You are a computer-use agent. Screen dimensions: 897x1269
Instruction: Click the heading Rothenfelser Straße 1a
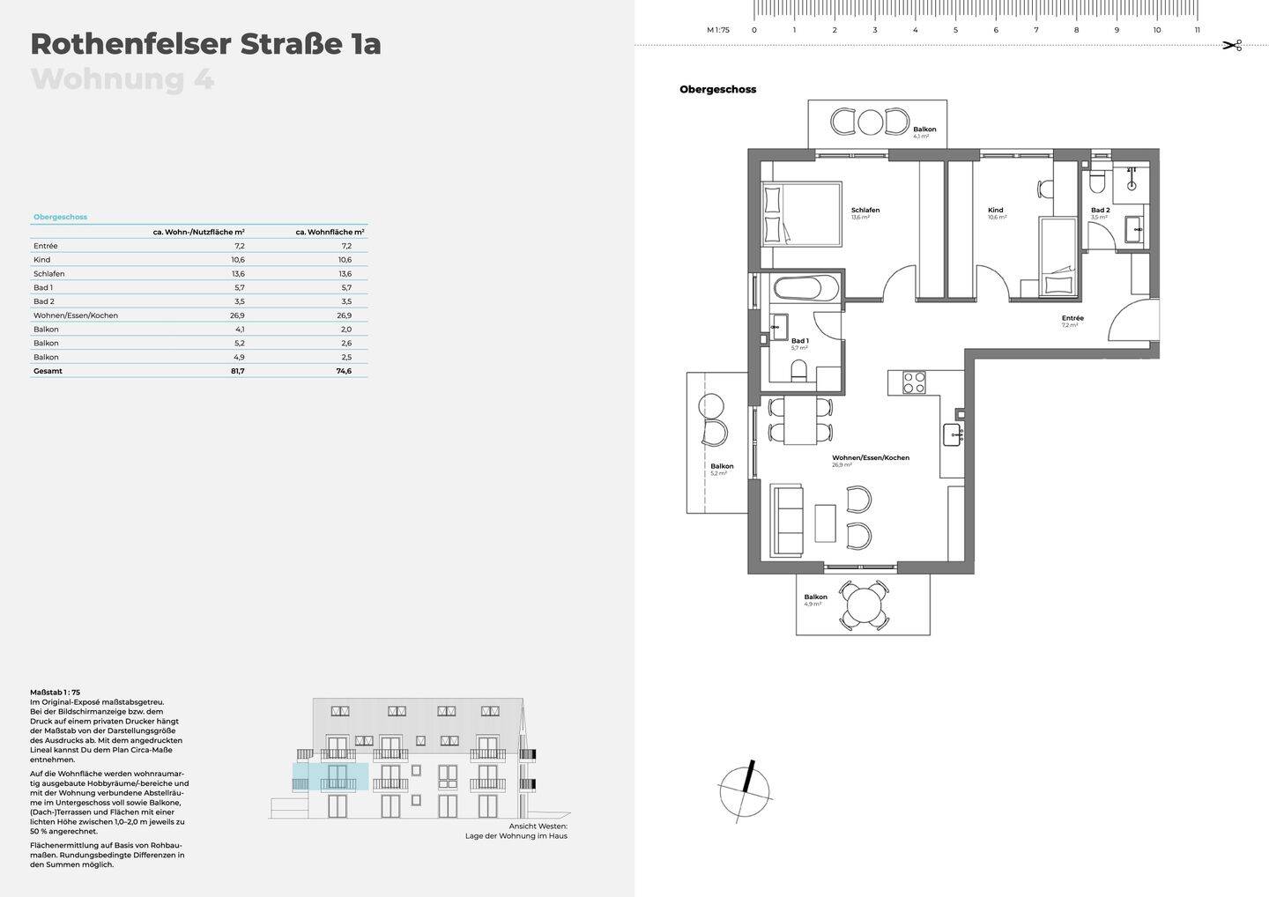[205, 44]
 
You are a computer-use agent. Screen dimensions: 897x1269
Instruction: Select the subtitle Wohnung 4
[122, 79]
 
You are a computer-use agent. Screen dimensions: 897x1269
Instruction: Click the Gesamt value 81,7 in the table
[237, 371]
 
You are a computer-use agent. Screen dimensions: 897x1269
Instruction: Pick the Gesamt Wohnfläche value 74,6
[343, 371]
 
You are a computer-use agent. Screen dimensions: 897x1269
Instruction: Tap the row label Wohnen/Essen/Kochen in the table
[76, 315]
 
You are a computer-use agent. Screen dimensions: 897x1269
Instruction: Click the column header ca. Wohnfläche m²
[330, 232]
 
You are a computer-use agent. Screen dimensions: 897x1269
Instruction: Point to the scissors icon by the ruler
[1232, 45]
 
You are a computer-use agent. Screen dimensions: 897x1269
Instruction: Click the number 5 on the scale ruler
[955, 30]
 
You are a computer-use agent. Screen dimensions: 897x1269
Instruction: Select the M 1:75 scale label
[718, 30]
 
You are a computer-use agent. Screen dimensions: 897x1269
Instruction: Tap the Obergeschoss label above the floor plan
[717, 89]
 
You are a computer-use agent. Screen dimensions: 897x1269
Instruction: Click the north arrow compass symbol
[746, 790]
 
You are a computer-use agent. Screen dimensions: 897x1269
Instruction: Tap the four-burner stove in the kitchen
[914, 382]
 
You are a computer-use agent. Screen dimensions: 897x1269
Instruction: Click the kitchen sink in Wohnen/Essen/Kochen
[953, 433]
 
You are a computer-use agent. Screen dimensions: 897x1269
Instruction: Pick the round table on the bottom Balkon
[863, 604]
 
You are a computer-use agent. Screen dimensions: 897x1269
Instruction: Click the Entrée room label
[1072, 318]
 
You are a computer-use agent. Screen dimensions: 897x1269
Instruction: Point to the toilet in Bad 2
[1097, 182]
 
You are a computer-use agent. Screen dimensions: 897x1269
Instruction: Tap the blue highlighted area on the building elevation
[330, 777]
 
